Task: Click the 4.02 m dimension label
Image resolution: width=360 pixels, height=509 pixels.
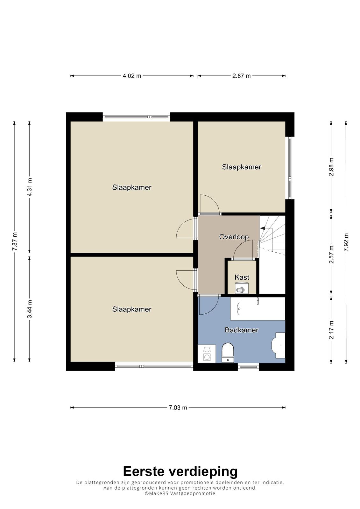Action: (x=132, y=76)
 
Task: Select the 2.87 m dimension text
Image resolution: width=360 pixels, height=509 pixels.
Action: (x=241, y=76)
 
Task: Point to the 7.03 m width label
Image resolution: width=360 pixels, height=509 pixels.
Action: (x=178, y=408)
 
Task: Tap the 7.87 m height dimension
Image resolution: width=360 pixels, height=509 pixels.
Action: (x=15, y=241)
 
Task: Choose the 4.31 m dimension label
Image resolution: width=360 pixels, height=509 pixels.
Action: (x=30, y=187)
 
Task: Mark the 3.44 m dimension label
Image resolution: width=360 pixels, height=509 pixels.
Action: (x=30, y=309)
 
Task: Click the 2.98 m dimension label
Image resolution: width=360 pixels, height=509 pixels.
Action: (x=331, y=167)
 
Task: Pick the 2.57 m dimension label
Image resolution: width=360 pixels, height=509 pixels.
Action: (x=331, y=254)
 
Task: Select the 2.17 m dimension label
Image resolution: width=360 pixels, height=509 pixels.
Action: (x=331, y=330)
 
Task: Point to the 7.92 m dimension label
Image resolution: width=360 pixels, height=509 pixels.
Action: (x=346, y=242)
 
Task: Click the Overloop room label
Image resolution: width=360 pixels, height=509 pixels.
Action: (x=234, y=237)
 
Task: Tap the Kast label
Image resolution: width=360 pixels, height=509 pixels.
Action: (x=242, y=277)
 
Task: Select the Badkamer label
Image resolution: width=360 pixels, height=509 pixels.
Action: (x=242, y=330)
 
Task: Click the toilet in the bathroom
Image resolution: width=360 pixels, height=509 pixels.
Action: (x=228, y=353)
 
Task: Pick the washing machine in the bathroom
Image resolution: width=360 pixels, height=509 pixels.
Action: (x=207, y=354)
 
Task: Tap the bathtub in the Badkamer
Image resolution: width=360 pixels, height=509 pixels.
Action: (x=258, y=309)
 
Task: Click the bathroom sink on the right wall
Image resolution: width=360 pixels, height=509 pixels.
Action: (x=278, y=345)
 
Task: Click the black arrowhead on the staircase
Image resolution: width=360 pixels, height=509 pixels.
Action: (x=263, y=228)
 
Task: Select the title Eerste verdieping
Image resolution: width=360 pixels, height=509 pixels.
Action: (x=180, y=471)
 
